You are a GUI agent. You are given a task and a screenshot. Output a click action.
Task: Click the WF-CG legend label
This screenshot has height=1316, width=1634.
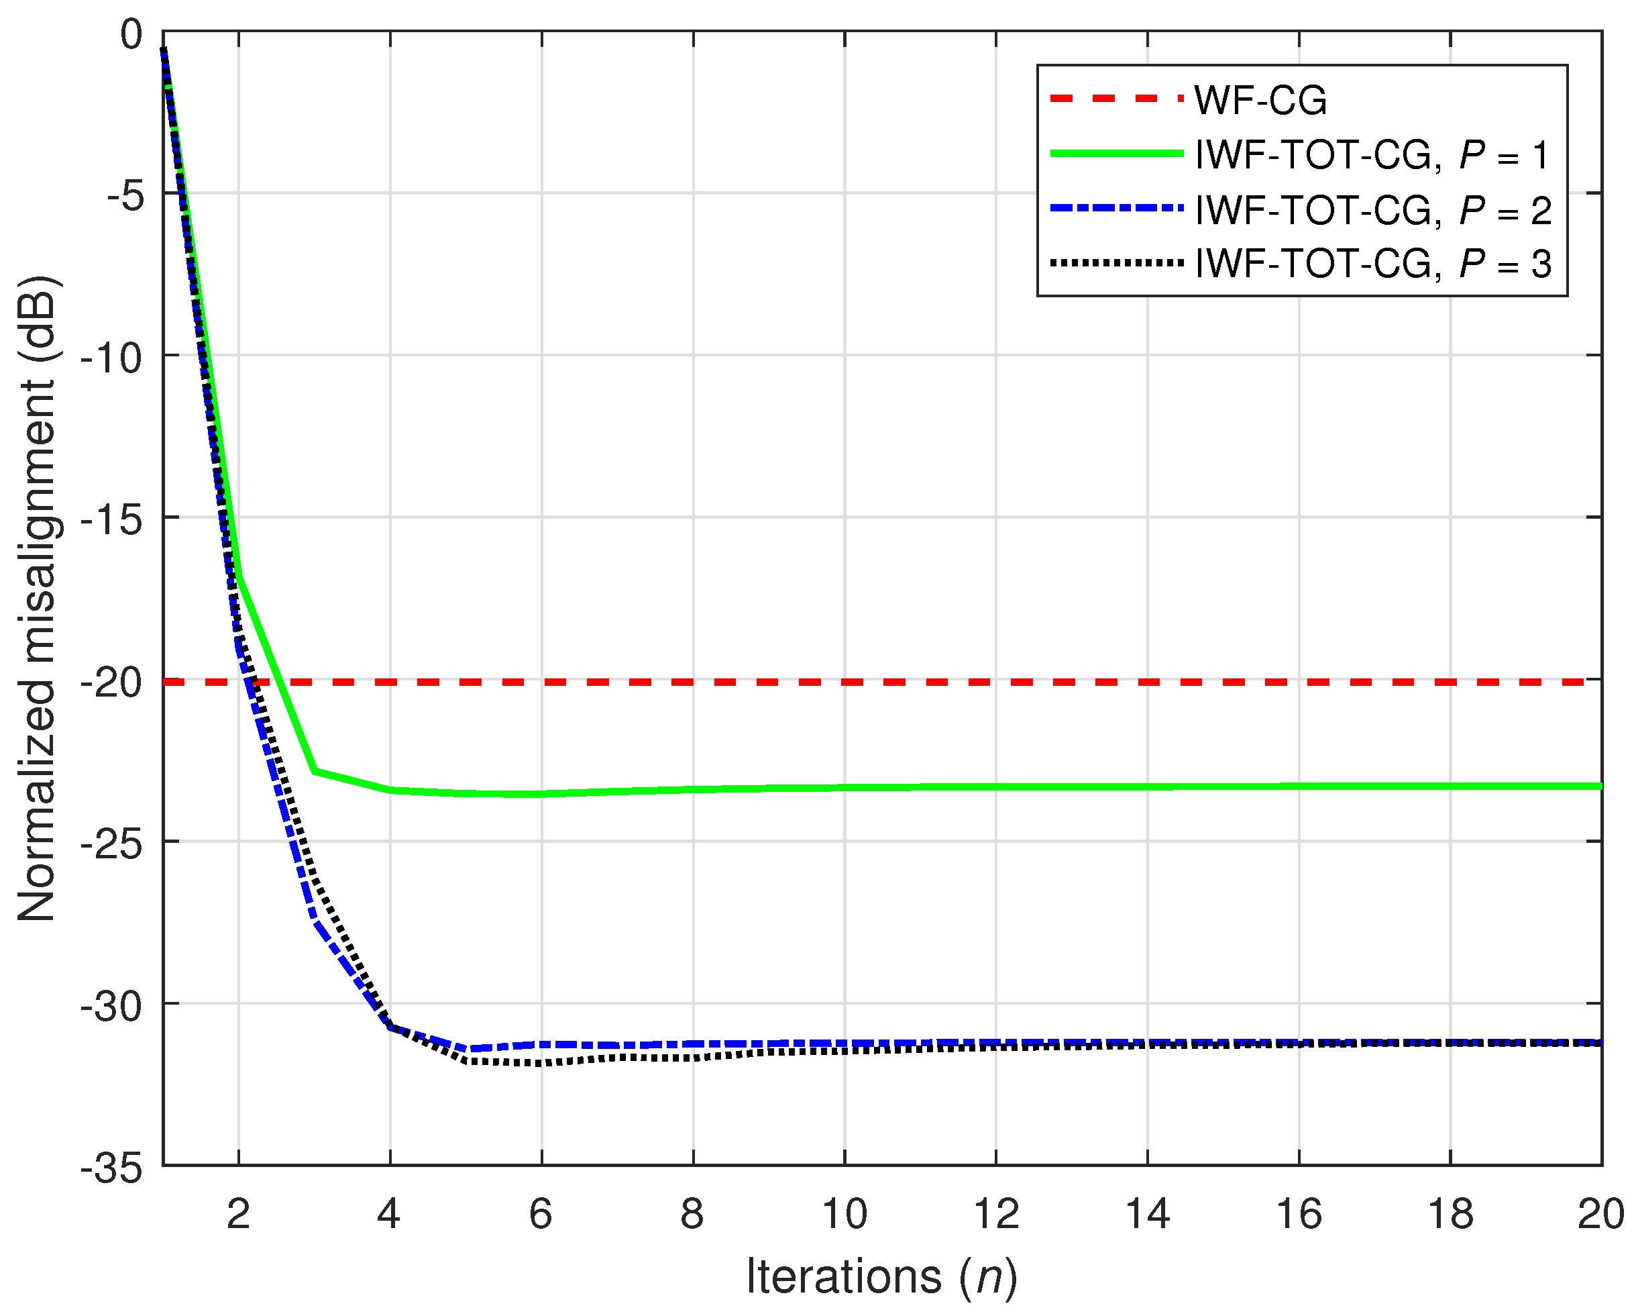[x=1260, y=100]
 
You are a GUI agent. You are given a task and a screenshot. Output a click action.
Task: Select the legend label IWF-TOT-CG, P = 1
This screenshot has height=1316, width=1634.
[x=1372, y=156]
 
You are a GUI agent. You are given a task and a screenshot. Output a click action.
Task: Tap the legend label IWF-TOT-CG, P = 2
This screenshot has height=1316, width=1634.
[x=1372, y=210]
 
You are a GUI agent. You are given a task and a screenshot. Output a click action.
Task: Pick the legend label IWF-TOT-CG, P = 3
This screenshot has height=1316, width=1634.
[x=1372, y=264]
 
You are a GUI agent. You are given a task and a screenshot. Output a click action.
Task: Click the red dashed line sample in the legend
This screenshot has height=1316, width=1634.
[x=1115, y=99]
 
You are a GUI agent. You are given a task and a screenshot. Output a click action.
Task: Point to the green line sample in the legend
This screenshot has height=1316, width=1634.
[x=1115, y=154]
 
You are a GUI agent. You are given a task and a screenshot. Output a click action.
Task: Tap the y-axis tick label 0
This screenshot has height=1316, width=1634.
[x=131, y=35]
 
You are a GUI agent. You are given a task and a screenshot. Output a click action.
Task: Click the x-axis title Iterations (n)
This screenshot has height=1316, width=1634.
[x=881, y=1276]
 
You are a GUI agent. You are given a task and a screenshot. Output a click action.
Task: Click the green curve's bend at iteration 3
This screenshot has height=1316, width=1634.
[x=315, y=771]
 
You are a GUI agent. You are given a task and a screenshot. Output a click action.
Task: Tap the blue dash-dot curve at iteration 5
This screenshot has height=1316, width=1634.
[x=466, y=1049]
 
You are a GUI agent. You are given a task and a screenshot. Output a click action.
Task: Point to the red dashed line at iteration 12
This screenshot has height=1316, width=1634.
[x=996, y=682]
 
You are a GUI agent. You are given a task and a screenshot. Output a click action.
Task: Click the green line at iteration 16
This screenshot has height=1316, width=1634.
[x=1299, y=786]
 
